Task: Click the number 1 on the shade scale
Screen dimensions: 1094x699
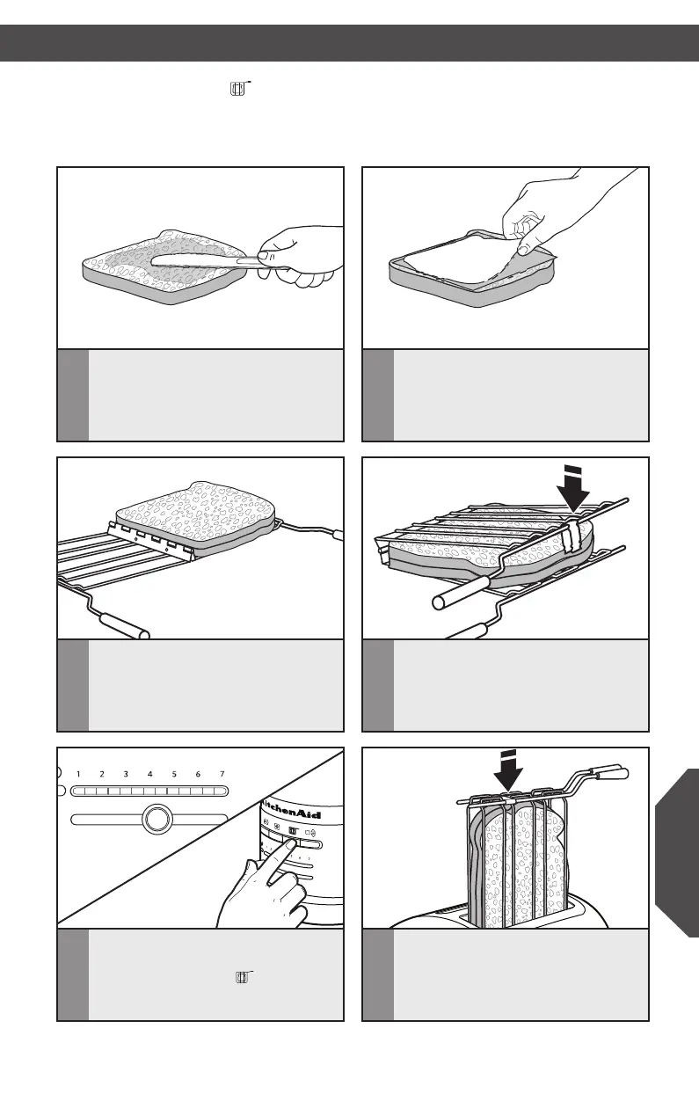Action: click(x=78, y=774)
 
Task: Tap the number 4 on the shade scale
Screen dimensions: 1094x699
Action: click(x=150, y=774)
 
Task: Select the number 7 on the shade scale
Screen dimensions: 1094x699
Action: click(x=222, y=774)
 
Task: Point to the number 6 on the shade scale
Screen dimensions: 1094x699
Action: click(x=199, y=774)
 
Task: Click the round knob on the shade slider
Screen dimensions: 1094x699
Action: click(x=156, y=820)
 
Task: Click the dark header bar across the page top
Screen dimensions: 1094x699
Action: click(x=349, y=42)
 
